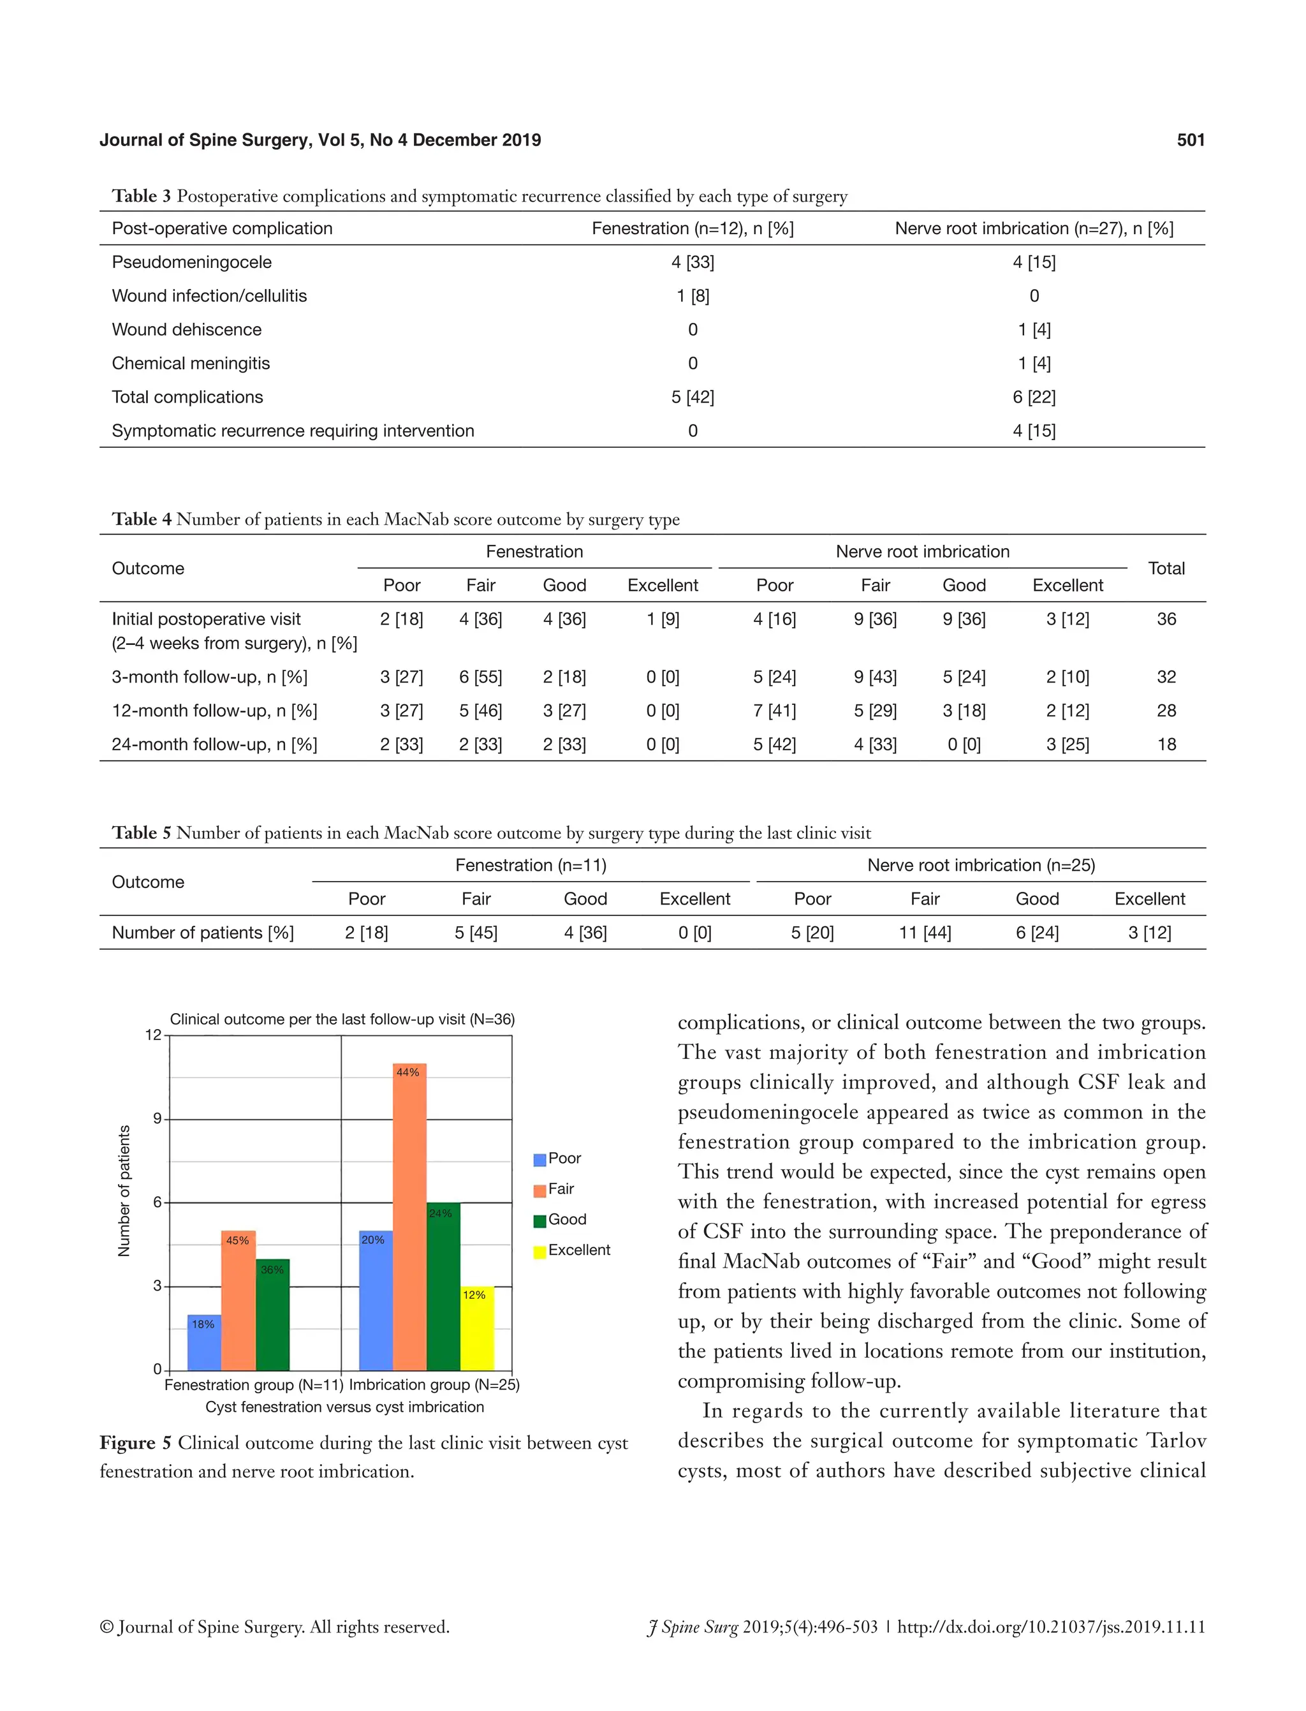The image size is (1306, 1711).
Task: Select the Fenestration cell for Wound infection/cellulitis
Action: pyautogui.click(x=692, y=295)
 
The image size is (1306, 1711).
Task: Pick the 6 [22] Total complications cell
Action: pyautogui.click(x=1033, y=397)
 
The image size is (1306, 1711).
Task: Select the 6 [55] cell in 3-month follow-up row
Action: pyautogui.click(x=480, y=677)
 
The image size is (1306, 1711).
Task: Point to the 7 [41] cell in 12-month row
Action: pyautogui.click(x=774, y=710)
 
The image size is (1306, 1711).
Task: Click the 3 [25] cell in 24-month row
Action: pyautogui.click(x=1067, y=744)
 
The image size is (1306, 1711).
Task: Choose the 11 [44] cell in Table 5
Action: pyautogui.click(x=924, y=933)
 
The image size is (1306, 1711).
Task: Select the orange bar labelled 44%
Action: pyautogui.click(x=409, y=1221)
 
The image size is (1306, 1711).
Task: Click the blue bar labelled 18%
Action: pyautogui.click(x=203, y=1345)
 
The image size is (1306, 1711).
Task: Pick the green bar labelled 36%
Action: pyautogui.click(x=272, y=1318)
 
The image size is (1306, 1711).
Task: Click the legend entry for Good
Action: pyautogui.click(x=566, y=1220)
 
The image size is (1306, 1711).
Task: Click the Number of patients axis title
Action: pyautogui.click(x=124, y=1190)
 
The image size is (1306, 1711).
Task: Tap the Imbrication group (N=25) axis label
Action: pyautogui.click(x=434, y=1385)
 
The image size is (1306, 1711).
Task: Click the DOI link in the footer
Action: pyautogui.click(x=1050, y=1627)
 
